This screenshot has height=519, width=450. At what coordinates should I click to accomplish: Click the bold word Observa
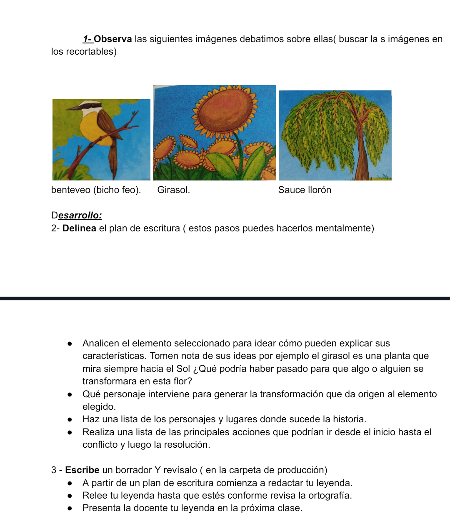tap(112, 39)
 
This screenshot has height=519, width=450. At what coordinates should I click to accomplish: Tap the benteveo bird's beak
tap(72, 108)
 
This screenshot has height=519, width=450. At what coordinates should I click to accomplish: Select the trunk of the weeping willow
tap(361, 160)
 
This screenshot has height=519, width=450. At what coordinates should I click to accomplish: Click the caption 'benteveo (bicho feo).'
tap(96, 190)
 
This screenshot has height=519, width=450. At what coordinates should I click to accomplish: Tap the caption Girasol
tap(173, 190)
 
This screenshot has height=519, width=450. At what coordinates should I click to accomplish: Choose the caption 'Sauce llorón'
tap(305, 190)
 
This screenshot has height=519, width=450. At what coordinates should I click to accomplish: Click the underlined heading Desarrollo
tap(77, 216)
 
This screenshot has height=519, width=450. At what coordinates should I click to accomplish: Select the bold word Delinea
tap(79, 228)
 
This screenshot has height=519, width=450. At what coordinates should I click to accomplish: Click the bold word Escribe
tap(82, 470)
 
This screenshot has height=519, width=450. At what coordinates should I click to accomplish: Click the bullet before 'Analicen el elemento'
tap(70, 344)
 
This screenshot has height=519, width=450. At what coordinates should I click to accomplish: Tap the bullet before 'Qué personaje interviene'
tap(70, 394)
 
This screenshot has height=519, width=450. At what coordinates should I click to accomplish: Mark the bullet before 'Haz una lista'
tap(70, 420)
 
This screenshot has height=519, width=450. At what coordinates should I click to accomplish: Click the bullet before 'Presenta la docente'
tap(70, 508)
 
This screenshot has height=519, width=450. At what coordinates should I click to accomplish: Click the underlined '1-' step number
tap(87, 39)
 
